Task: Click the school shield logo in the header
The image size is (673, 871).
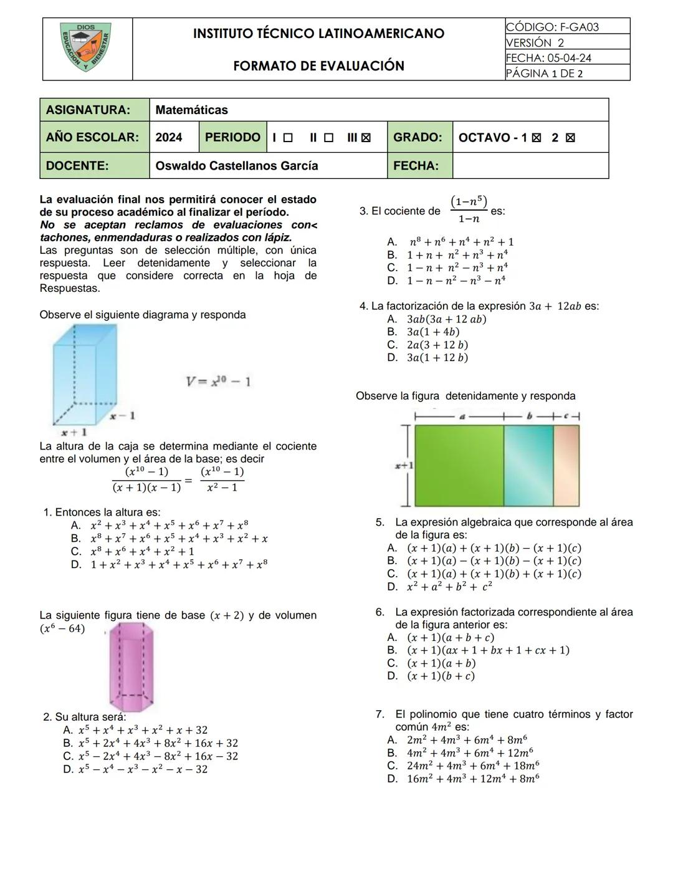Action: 87,47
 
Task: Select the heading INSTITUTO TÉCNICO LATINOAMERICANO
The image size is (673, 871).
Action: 318,34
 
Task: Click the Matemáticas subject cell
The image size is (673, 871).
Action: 192,110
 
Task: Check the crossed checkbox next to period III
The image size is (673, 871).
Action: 366,138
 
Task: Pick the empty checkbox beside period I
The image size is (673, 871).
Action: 288,138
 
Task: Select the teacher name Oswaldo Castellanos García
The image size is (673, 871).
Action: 237,166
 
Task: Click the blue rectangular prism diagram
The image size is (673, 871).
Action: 79,374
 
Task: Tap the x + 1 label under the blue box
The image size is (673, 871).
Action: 74,431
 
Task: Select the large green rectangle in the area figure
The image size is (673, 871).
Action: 459,465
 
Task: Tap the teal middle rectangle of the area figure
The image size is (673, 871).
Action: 528,465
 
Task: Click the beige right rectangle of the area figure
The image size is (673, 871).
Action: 566,465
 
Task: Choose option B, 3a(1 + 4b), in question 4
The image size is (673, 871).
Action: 432,332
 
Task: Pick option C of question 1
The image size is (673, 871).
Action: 142,552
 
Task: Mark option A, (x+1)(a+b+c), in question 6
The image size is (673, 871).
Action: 450,638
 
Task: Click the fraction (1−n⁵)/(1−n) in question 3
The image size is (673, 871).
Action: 469,209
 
